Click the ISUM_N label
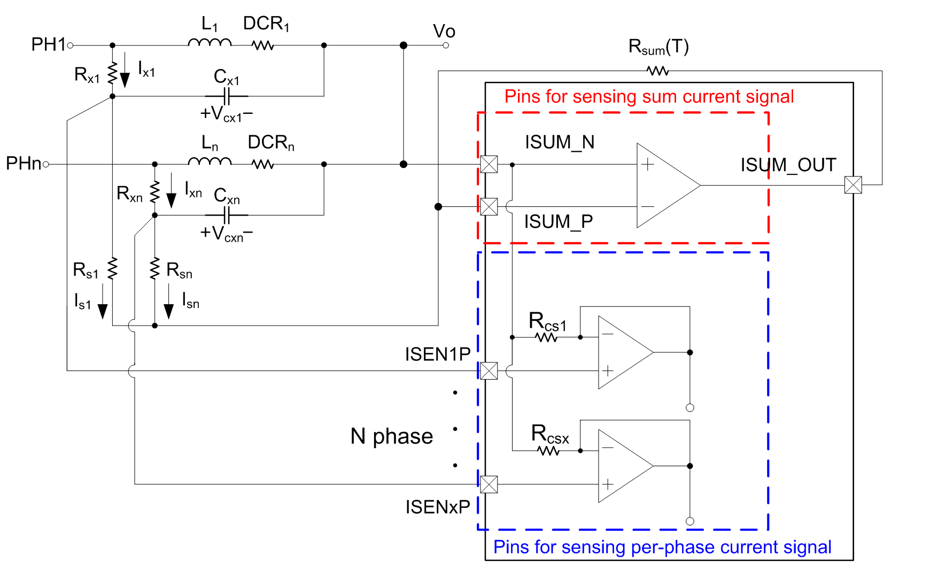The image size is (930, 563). (x=560, y=142)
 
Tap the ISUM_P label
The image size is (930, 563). (x=558, y=221)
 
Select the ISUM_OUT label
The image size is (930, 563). (x=788, y=165)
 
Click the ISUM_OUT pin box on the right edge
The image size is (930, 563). (x=853, y=186)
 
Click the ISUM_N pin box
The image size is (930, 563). (x=489, y=164)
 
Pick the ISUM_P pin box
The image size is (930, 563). (x=489, y=206)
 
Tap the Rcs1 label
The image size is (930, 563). (x=547, y=322)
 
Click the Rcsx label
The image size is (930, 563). (x=550, y=434)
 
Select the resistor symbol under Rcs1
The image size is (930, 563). (x=546, y=337)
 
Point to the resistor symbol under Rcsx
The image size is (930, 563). (x=548, y=451)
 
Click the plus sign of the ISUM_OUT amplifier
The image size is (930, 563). (x=648, y=164)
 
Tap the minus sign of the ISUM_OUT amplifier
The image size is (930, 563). (x=648, y=206)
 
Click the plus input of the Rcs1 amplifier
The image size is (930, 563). (x=608, y=371)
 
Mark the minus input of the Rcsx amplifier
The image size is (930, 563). (x=608, y=448)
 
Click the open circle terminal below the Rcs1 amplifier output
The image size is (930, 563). (x=690, y=408)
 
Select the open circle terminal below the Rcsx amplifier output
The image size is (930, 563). (x=690, y=521)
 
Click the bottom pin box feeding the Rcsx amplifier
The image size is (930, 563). (x=489, y=484)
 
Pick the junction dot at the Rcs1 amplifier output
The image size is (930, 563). (x=690, y=352)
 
